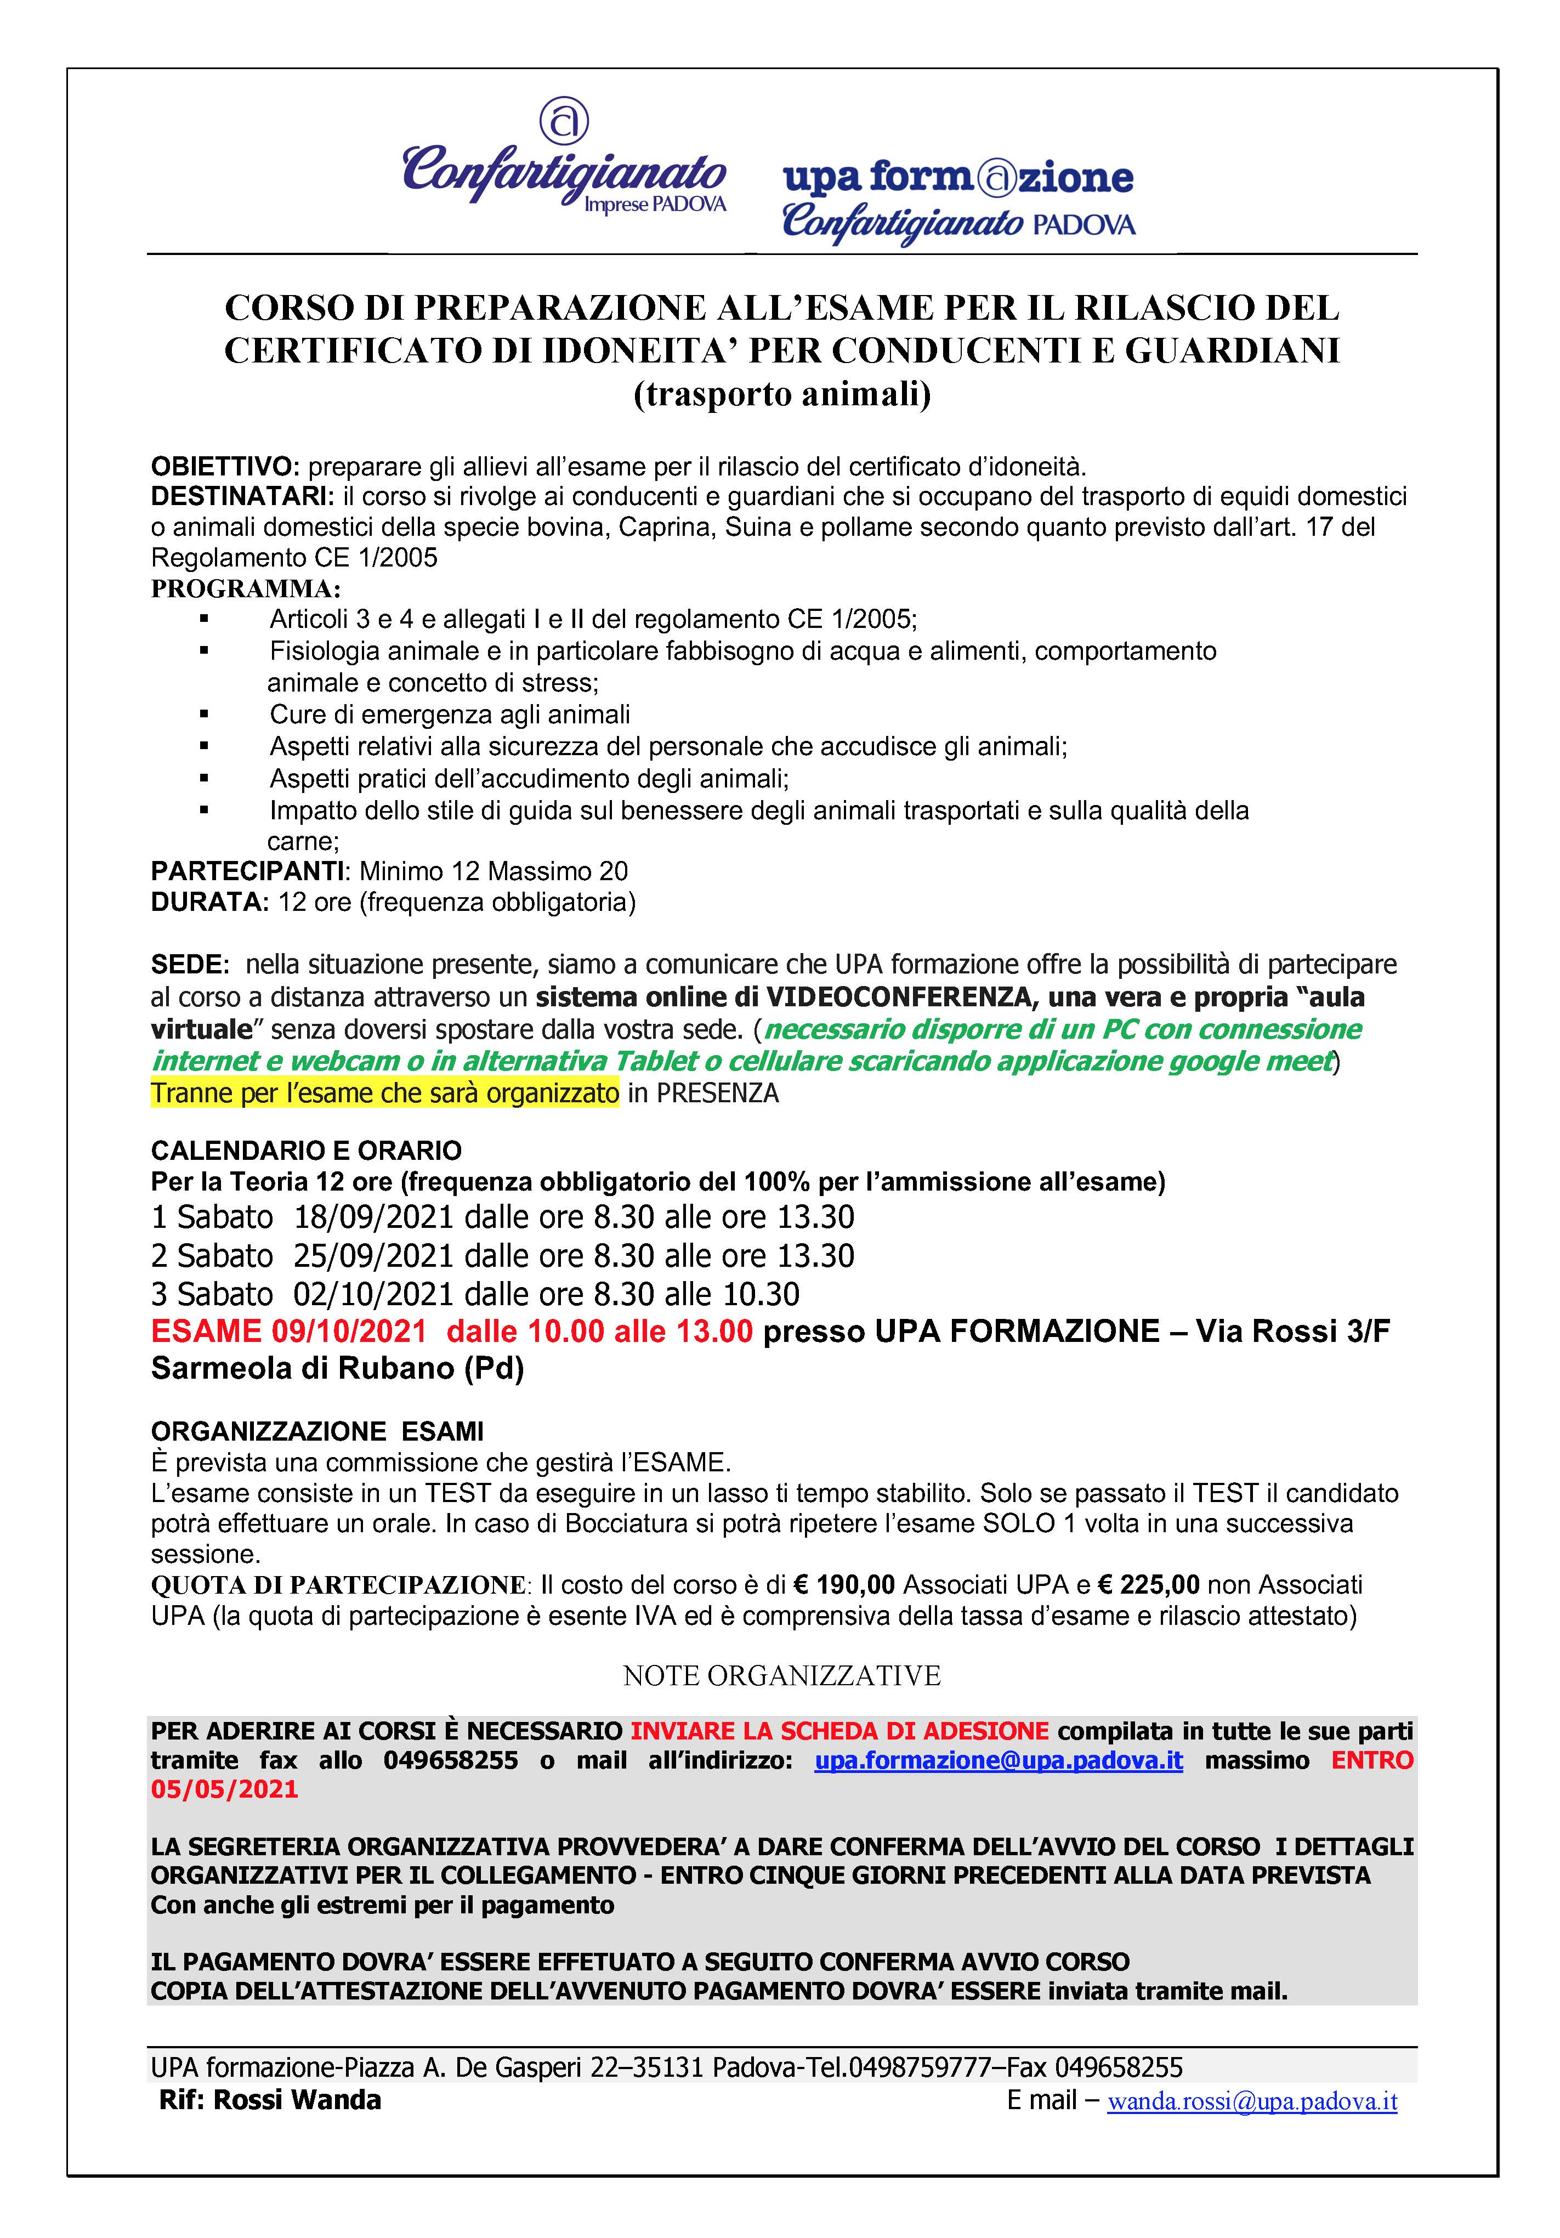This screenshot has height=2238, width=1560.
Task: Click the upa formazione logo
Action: click(958, 199)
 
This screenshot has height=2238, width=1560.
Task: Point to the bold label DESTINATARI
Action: click(240, 496)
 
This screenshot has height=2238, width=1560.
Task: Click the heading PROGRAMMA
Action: click(246, 589)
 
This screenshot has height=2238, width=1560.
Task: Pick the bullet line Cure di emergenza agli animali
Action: click(449, 715)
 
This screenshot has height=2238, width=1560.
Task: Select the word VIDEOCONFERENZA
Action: click(886, 997)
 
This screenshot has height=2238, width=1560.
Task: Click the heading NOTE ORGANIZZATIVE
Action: click(781, 1675)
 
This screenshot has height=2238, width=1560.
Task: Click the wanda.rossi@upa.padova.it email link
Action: click(1251, 2101)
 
